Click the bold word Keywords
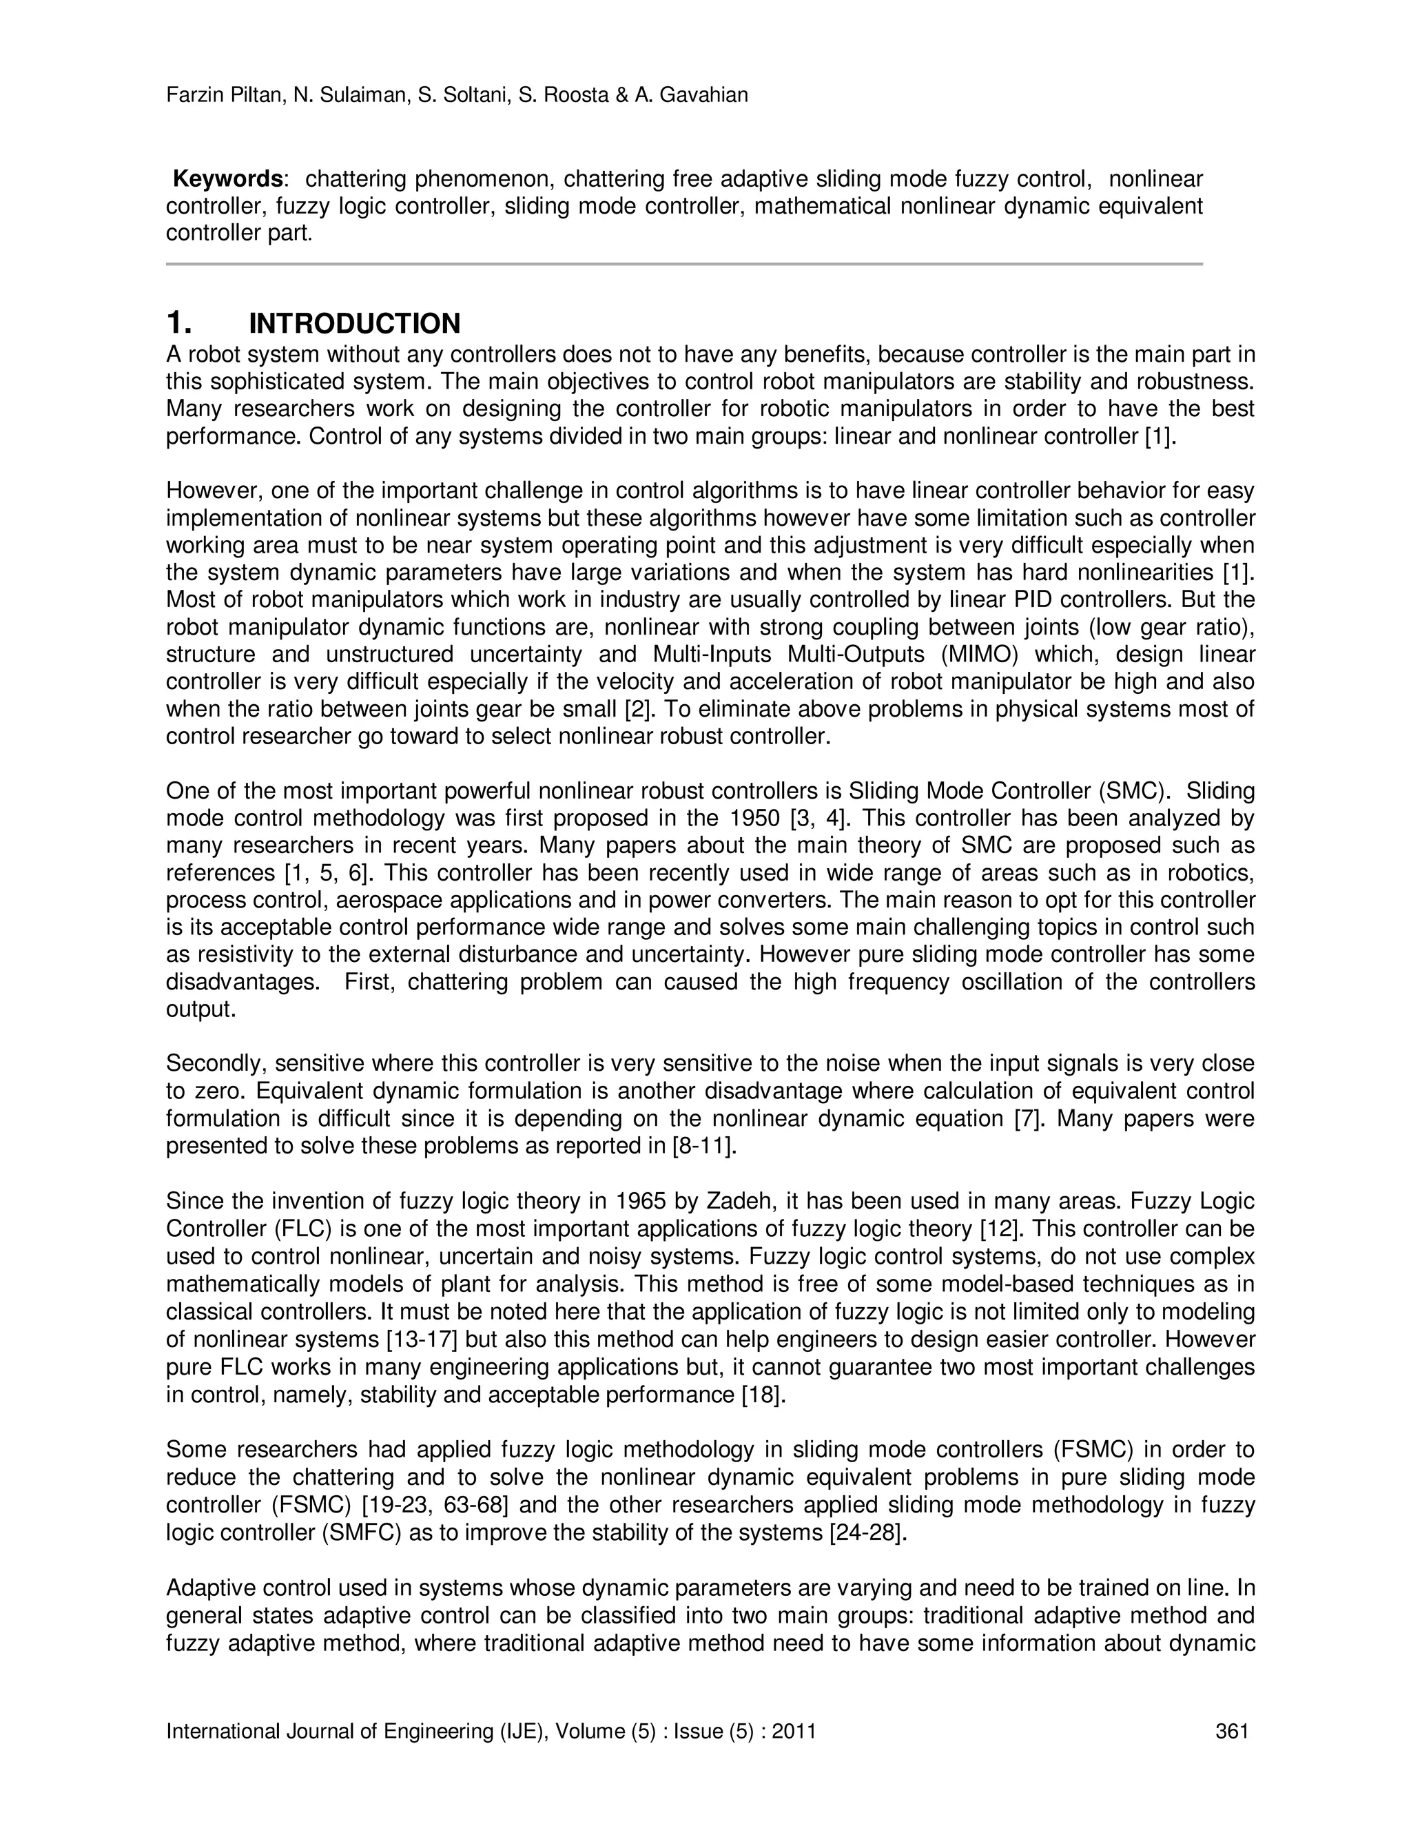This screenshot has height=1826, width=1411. click(x=228, y=179)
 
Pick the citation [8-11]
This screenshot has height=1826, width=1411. click(x=704, y=1147)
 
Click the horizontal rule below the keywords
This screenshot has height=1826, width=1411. click(x=683, y=264)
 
